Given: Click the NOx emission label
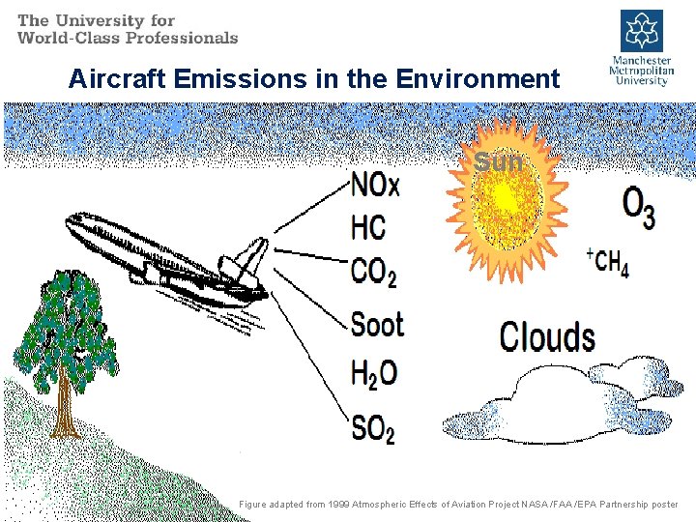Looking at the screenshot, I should coord(375,184).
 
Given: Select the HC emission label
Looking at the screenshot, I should coord(367,228).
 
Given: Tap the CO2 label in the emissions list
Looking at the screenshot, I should coord(373,273).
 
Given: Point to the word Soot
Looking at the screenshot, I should coord(377,324).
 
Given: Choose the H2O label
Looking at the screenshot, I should coord(373,373).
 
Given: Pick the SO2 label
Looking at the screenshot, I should coord(372,427).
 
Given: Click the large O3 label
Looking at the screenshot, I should coord(638,207).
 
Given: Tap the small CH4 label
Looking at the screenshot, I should coord(609,263).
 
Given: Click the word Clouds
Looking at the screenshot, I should coord(547,337).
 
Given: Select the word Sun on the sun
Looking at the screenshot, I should coord(499,162).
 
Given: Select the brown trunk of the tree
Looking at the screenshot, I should coord(65,406).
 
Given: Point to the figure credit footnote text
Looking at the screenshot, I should coord(458,505).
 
